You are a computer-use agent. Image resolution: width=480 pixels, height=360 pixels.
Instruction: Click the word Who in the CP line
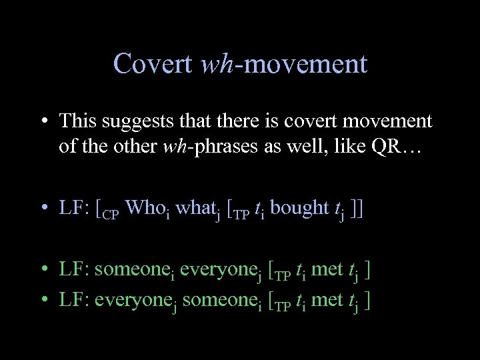tap(142, 208)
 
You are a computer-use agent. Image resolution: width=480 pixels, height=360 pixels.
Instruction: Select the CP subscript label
tap(113, 213)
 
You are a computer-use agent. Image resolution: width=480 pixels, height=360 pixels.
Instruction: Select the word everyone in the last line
tap(131, 301)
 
